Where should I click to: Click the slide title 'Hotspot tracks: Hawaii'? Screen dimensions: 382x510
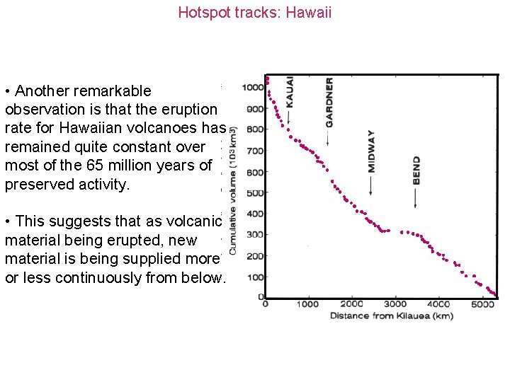tap(254, 12)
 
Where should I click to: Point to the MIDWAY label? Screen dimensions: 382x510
tap(372, 151)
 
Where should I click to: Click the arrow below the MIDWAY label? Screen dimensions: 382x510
tap(371, 185)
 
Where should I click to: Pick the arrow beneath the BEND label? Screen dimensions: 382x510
tap(416, 197)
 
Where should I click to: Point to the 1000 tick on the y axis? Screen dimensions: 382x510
tap(253, 88)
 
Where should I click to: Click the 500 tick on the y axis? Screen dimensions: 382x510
tap(255, 193)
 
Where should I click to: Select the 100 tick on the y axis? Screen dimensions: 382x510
tap(255, 277)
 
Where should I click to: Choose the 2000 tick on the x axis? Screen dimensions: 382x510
tap(352, 304)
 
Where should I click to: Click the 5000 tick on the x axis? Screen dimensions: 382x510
tap(482, 304)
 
